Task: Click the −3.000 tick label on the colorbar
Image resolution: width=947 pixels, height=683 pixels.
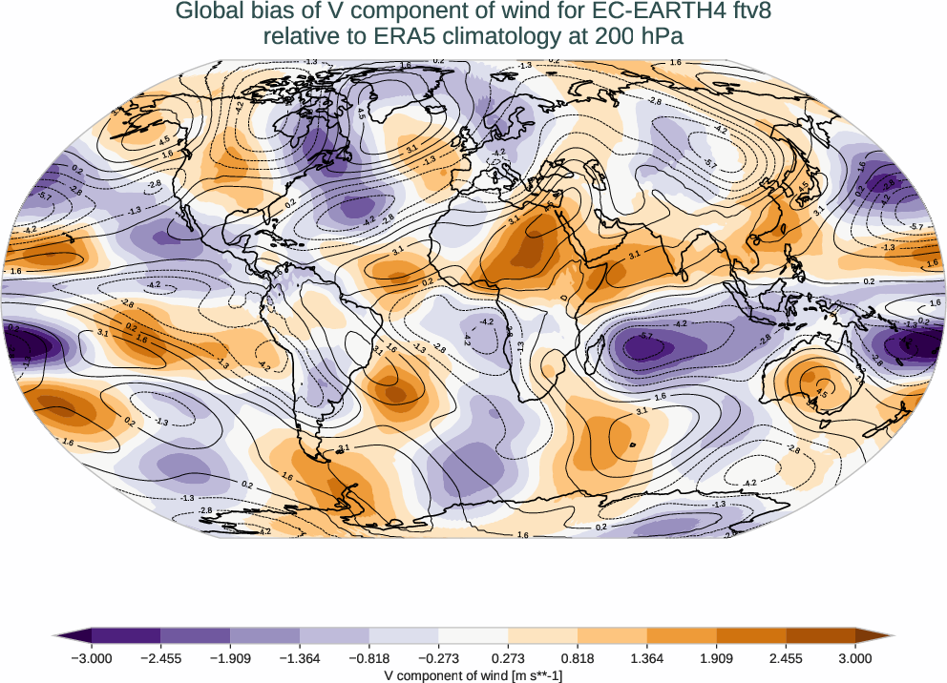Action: pyautogui.click(x=93, y=658)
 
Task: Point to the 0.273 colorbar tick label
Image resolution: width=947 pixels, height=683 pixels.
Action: pyautogui.click(x=509, y=658)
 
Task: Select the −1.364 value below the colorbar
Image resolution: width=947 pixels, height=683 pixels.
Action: pyautogui.click(x=301, y=658)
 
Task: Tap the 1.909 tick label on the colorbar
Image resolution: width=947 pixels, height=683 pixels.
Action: pyautogui.click(x=717, y=658)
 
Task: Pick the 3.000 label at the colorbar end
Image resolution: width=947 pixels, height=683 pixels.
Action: pyautogui.click(x=855, y=658)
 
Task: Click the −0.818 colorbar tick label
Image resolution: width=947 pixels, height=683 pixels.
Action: pyautogui.click(x=369, y=658)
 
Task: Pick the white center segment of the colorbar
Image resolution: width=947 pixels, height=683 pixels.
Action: pyautogui.click(x=473, y=635)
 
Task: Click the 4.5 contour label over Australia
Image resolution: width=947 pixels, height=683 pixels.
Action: pyautogui.click(x=820, y=391)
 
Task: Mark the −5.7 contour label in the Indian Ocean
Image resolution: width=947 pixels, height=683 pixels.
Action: pyautogui.click(x=646, y=337)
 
